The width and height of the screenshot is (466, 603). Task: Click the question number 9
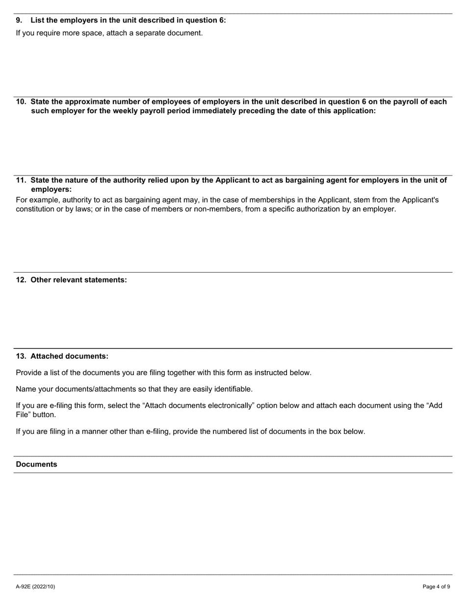point(19,20)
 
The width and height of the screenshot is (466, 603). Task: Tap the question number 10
point(21,102)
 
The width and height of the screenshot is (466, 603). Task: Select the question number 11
point(21,180)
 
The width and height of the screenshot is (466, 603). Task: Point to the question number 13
point(21,356)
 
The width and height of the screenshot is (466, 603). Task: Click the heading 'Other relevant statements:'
point(78,280)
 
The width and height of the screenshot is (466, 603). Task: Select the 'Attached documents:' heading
point(70,356)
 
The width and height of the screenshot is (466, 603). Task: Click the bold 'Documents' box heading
point(36,464)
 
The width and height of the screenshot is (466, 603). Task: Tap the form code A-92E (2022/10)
point(35,586)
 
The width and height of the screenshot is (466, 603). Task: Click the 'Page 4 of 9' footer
point(436,586)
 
